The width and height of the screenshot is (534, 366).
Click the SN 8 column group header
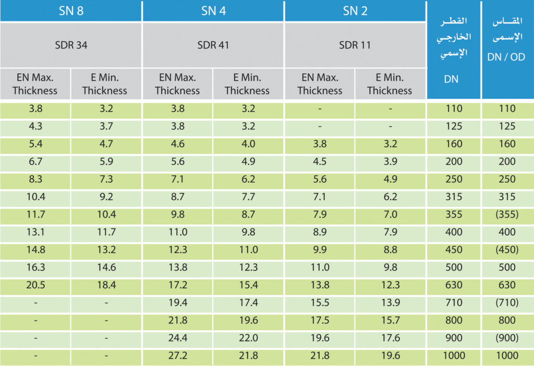pos(71,11)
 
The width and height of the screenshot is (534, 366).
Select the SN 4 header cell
pos(213,11)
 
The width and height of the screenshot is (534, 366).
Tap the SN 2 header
pos(355,11)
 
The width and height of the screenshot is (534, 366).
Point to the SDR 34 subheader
pos(71,45)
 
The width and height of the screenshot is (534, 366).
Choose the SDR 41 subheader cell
pos(213,45)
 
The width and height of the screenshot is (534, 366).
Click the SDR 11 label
pos(355,45)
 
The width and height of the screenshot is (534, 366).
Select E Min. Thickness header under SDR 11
pos(390,84)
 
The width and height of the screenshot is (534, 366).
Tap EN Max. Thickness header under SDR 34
pos(35,84)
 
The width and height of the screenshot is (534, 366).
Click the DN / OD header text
pos(506,57)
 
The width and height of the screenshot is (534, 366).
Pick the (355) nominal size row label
pos(506,214)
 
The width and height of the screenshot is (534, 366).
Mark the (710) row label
pos(506,302)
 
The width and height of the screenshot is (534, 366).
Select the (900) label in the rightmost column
pos(506,338)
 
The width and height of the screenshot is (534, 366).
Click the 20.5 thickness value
pos(35,285)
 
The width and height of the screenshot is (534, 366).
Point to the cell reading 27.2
pos(177,356)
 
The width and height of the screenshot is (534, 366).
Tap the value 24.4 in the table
pos(177,338)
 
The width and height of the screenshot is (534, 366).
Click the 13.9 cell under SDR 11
pos(390,302)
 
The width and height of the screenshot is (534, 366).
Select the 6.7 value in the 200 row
pos(35,161)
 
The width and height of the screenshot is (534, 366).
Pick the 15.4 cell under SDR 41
pos(247,285)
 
